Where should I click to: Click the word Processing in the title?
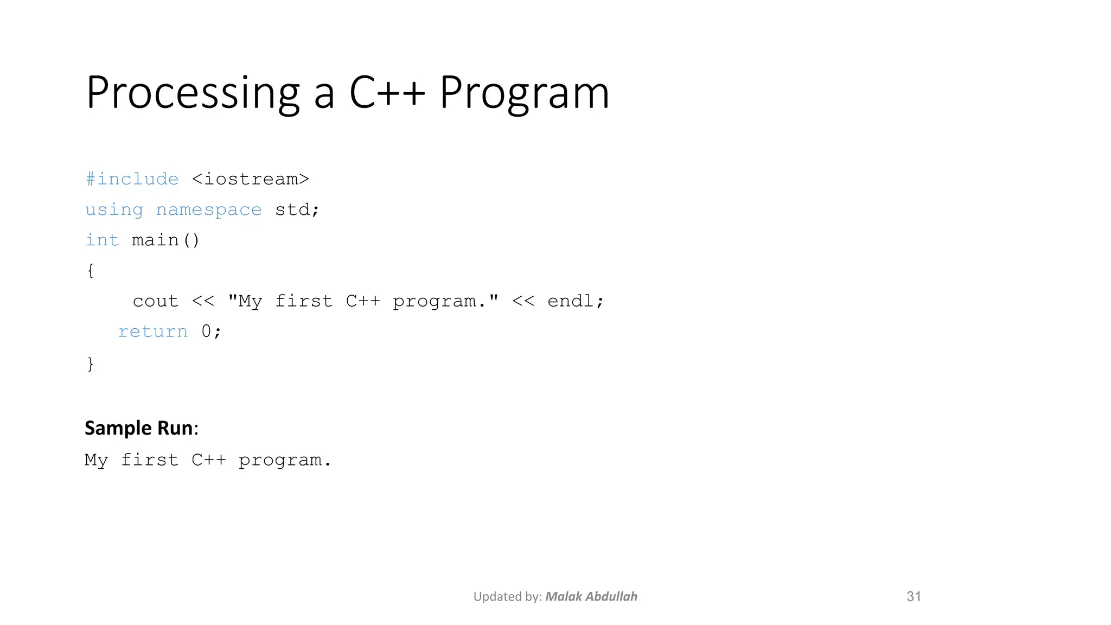pyautogui.click(x=193, y=93)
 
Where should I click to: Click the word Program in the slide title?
pyautogui.click(x=524, y=93)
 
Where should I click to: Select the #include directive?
pyautogui.click(x=132, y=179)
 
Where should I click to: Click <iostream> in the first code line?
pyautogui.click(x=251, y=179)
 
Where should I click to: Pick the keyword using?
pyautogui.click(x=114, y=210)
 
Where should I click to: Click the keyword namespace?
pyautogui.click(x=209, y=210)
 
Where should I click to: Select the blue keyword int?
pyautogui.click(x=102, y=240)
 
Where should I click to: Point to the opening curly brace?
pyautogui.click(x=91, y=270)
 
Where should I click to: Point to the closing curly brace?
pyautogui.click(x=91, y=363)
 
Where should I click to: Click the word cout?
pyautogui.click(x=156, y=301)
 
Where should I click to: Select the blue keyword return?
pyautogui.click(x=153, y=331)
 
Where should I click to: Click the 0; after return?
pyautogui.click(x=211, y=331)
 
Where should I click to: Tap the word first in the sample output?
pyautogui.click(x=150, y=460)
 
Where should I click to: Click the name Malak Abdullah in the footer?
pyautogui.click(x=591, y=597)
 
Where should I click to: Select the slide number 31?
pyautogui.click(x=914, y=597)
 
